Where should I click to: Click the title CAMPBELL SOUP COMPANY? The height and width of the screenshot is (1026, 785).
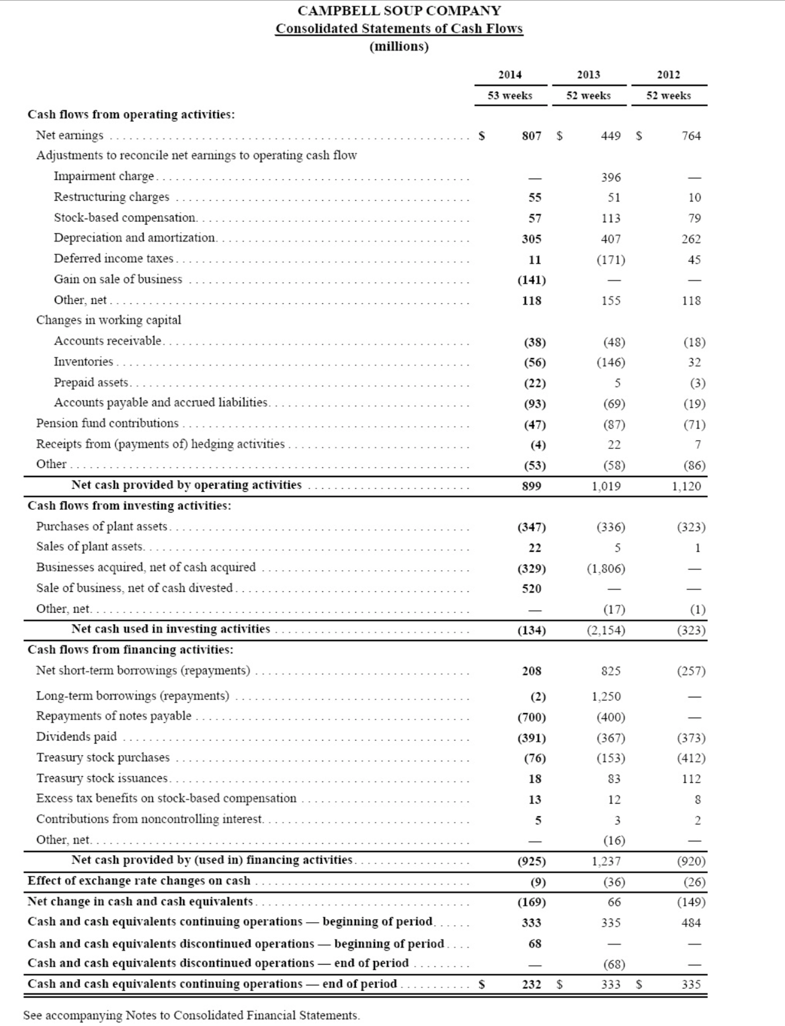tap(399, 11)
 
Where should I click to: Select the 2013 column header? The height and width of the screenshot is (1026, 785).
tap(588, 75)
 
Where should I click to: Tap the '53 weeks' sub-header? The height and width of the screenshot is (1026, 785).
tap(510, 95)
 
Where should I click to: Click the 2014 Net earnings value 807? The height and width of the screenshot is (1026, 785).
tap(531, 136)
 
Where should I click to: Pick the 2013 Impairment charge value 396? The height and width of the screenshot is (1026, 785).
tap(611, 178)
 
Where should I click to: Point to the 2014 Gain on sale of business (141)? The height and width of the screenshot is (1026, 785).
tap(531, 280)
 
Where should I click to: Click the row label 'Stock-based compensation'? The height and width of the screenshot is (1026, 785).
tap(125, 218)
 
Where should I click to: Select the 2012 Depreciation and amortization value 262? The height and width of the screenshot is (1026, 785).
tap(691, 239)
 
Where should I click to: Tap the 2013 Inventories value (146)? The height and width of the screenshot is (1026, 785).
tap(611, 362)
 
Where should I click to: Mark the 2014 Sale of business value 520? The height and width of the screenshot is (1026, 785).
tap(531, 589)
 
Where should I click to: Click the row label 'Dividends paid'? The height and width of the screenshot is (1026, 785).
tap(76, 737)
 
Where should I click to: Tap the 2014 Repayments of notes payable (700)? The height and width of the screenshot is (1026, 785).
tap(531, 717)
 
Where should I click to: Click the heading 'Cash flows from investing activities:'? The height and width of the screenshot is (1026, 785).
tap(129, 505)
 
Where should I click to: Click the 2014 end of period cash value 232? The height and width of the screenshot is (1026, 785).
tap(531, 984)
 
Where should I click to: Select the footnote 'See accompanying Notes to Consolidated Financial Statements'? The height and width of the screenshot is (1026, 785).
tap(191, 1015)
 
